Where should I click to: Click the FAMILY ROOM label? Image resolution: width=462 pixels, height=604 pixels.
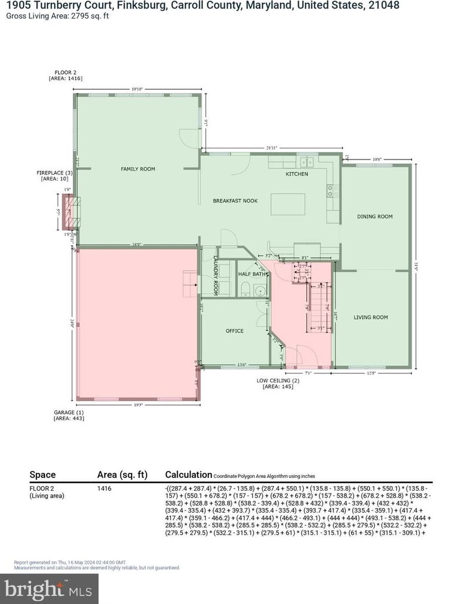coord(137,169)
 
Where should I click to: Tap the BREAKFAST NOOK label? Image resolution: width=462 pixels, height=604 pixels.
coord(235,201)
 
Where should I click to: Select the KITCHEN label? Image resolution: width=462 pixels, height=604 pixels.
coord(297,174)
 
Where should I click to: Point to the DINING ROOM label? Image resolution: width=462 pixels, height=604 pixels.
coord(375,217)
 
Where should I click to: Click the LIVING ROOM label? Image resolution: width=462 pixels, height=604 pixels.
coord(370,317)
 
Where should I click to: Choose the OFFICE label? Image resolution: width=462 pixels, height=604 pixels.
coord(234,331)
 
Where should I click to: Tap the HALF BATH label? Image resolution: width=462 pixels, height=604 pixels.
coord(252,274)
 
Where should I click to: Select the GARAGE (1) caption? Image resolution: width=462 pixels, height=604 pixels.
coord(65,412)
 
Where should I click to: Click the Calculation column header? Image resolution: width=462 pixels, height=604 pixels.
coord(188,475)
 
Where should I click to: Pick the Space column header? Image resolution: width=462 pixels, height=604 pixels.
coord(43,475)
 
